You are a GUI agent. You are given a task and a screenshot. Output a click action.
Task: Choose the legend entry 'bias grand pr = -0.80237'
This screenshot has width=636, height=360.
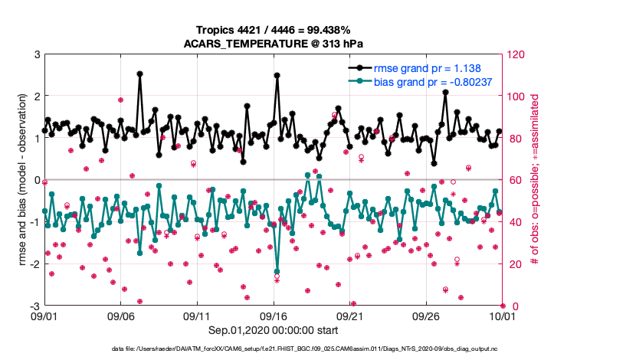pos(433,81)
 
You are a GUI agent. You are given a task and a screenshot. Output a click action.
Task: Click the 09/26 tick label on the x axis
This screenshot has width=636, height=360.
pos(426,316)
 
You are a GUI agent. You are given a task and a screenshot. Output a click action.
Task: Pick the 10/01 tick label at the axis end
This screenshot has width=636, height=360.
pos(502,316)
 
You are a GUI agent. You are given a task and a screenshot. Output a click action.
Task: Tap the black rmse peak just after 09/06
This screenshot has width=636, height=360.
pos(139,74)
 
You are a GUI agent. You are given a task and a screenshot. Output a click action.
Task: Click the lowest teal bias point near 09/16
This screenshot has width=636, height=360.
pos(277,271)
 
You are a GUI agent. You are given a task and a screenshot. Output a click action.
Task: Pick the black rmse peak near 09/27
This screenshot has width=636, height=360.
pos(445,92)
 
